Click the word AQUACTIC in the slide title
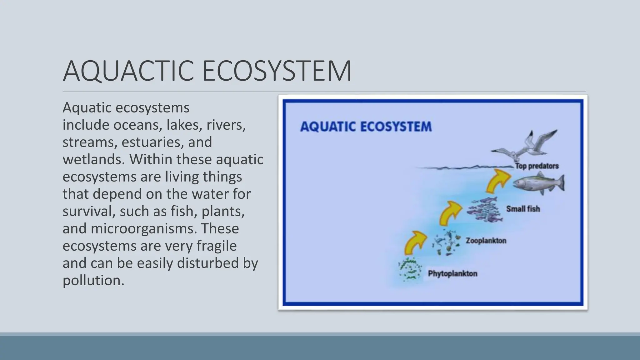tap(129, 71)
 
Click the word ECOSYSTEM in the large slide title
tap(277, 71)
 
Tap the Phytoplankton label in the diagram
tap(452, 274)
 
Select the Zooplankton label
tap(486, 241)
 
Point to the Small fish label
tap(523, 209)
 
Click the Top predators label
tap(537, 166)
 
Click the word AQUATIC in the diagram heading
tap(328, 127)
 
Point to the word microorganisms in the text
tap(144, 228)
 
